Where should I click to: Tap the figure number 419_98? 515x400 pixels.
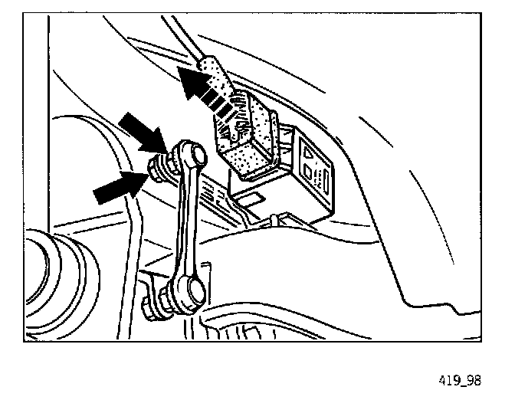point(461,378)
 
